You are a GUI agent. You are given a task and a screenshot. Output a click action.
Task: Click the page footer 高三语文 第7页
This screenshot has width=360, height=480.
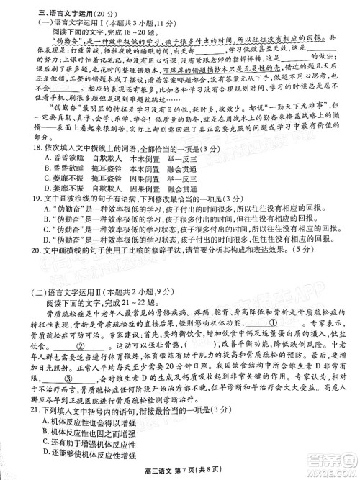pyautogui.click(x=179, y=471)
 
